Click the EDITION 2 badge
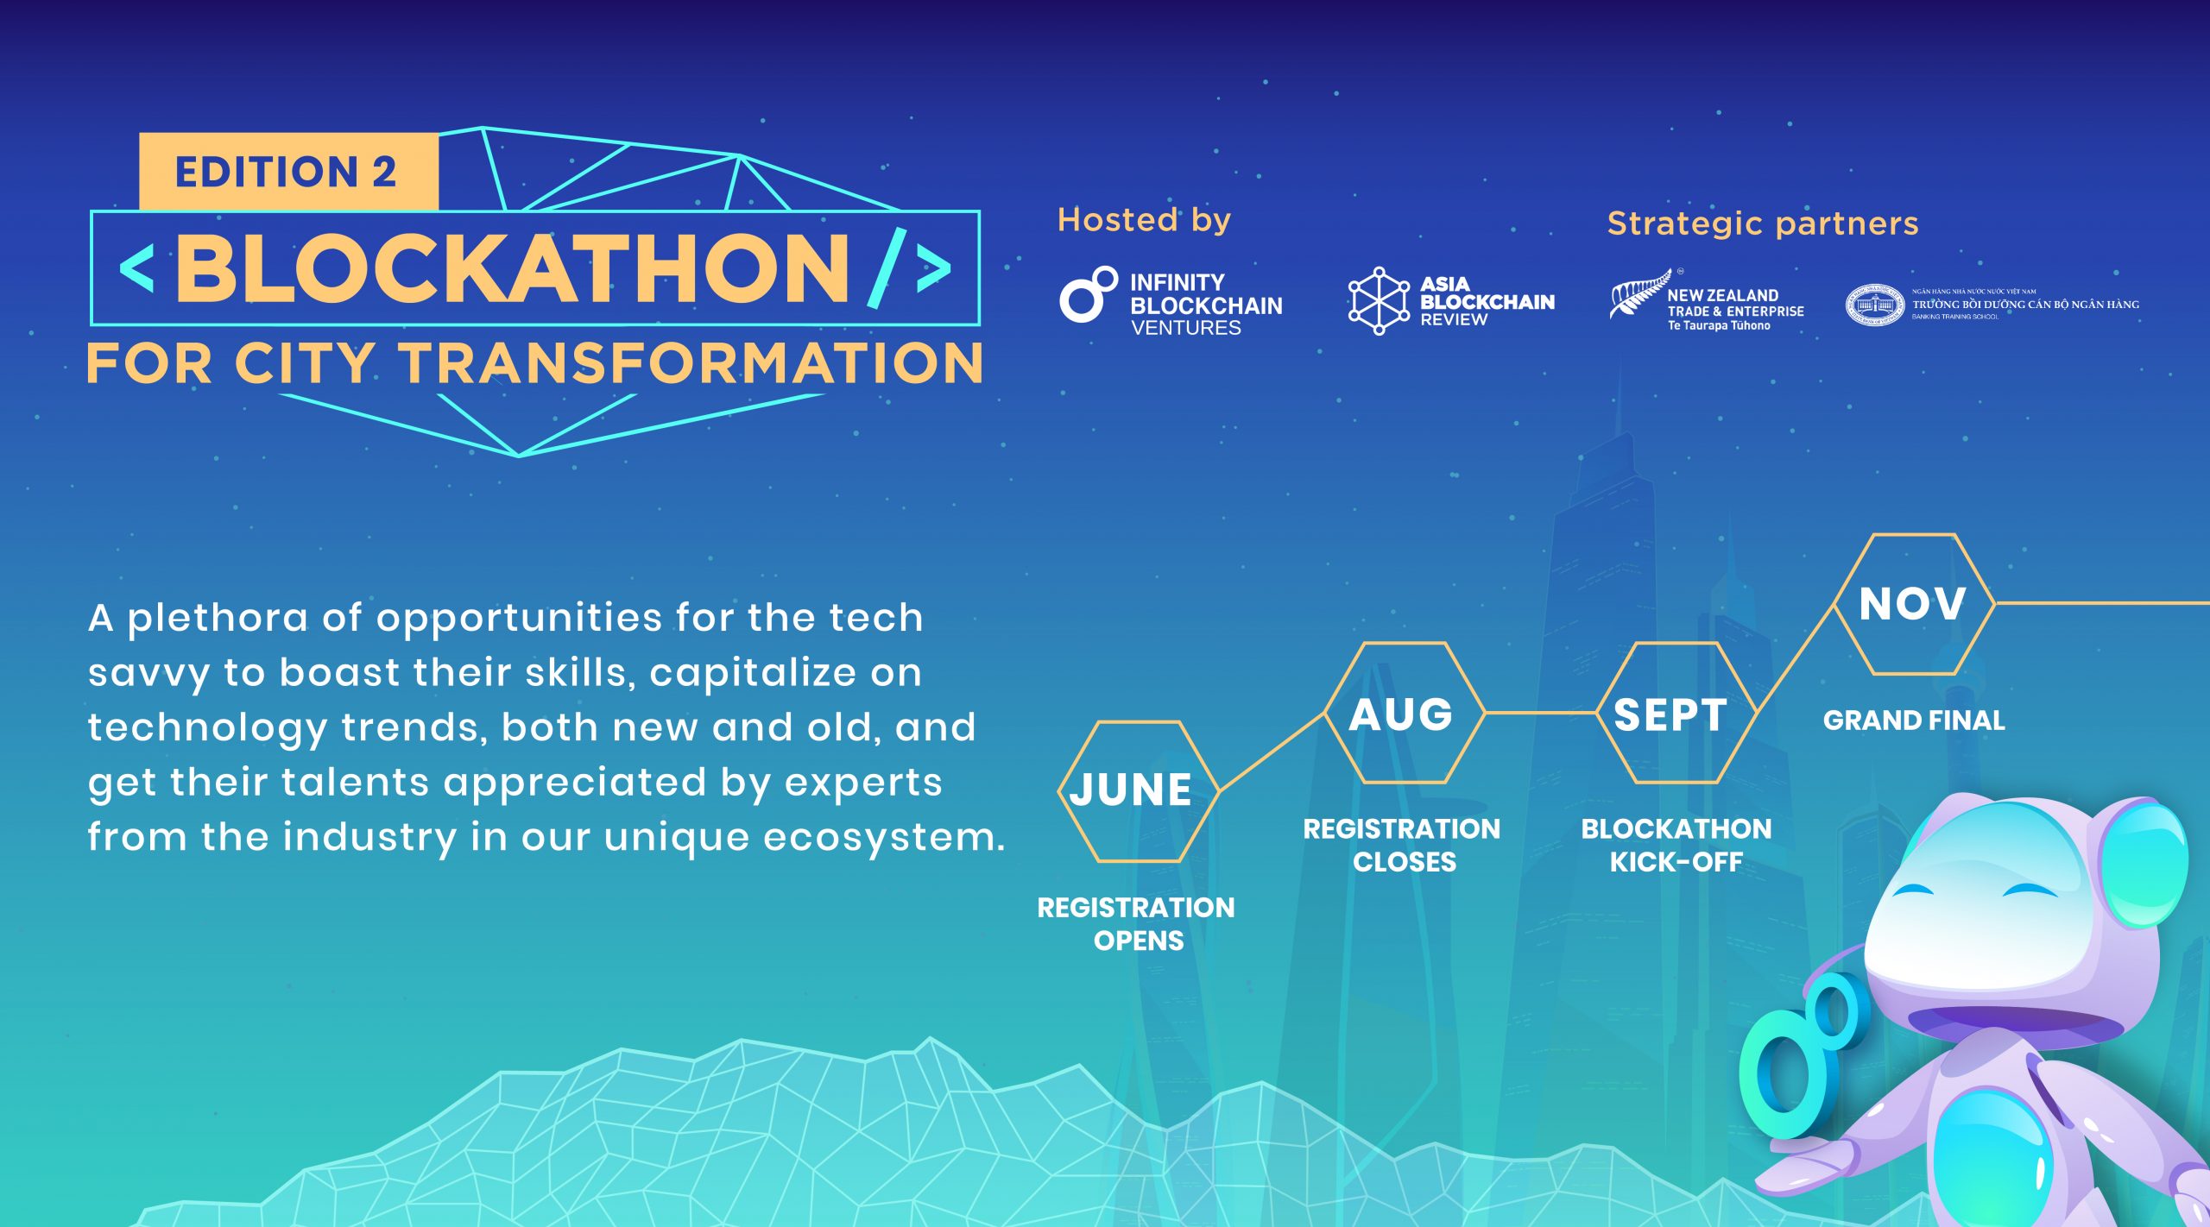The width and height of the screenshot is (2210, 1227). pyautogui.click(x=288, y=171)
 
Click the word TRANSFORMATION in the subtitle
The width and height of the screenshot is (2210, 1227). pyautogui.click(x=691, y=362)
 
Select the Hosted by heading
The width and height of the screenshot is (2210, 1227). pyautogui.click(x=1144, y=221)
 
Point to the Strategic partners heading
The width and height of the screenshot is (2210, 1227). pyautogui.click(x=1763, y=224)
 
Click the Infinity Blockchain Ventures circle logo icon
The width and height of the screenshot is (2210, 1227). pyautogui.click(x=1089, y=294)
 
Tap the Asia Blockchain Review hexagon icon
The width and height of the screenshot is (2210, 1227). pyautogui.click(x=1379, y=300)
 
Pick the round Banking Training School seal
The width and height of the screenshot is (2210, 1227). pyautogui.click(x=1874, y=305)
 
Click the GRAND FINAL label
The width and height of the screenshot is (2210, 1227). pyautogui.click(x=1914, y=720)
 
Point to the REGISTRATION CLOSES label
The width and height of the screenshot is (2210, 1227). pyautogui.click(x=1402, y=845)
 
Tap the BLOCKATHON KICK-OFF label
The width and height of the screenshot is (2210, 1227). pyautogui.click(x=1676, y=845)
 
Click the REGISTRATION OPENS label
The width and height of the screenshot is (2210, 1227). pyautogui.click(x=1136, y=923)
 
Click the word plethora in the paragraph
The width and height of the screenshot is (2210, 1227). pyautogui.click(x=218, y=619)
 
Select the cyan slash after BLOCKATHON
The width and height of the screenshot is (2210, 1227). pyautogui.click(x=887, y=267)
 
